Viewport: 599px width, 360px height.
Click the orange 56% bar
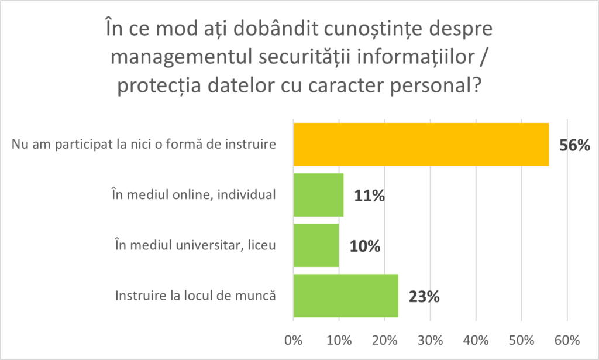pos(421,145)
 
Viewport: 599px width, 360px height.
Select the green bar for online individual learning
pos(318,195)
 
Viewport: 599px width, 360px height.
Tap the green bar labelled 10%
pos(316,245)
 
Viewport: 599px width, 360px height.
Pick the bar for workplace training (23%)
pos(346,296)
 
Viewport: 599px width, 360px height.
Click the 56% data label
pos(575,146)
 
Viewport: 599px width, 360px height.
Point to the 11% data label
pos(369,196)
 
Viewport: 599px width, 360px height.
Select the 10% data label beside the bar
pos(365,246)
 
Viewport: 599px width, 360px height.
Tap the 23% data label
pos(424,297)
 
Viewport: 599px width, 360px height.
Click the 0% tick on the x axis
pos(292,340)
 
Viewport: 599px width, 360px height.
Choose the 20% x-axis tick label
pos(384,340)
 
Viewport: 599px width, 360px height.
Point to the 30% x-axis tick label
pos(430,340)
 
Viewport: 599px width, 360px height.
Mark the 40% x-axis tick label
pos(476,340)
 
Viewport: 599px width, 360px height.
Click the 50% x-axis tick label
pos(522,340)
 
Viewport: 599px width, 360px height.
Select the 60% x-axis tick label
pos(567,340)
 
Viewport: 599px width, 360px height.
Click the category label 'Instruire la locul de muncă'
pos(196,296)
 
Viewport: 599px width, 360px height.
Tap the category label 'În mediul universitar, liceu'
pos(195,245)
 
